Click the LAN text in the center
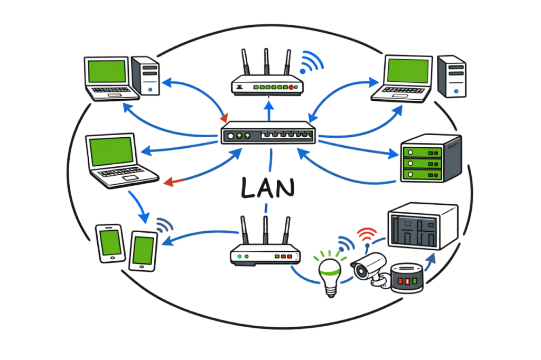tap(267, 187)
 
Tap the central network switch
tap(268, 134)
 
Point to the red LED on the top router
tap(290, 87)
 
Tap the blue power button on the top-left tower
tap(152, 91)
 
